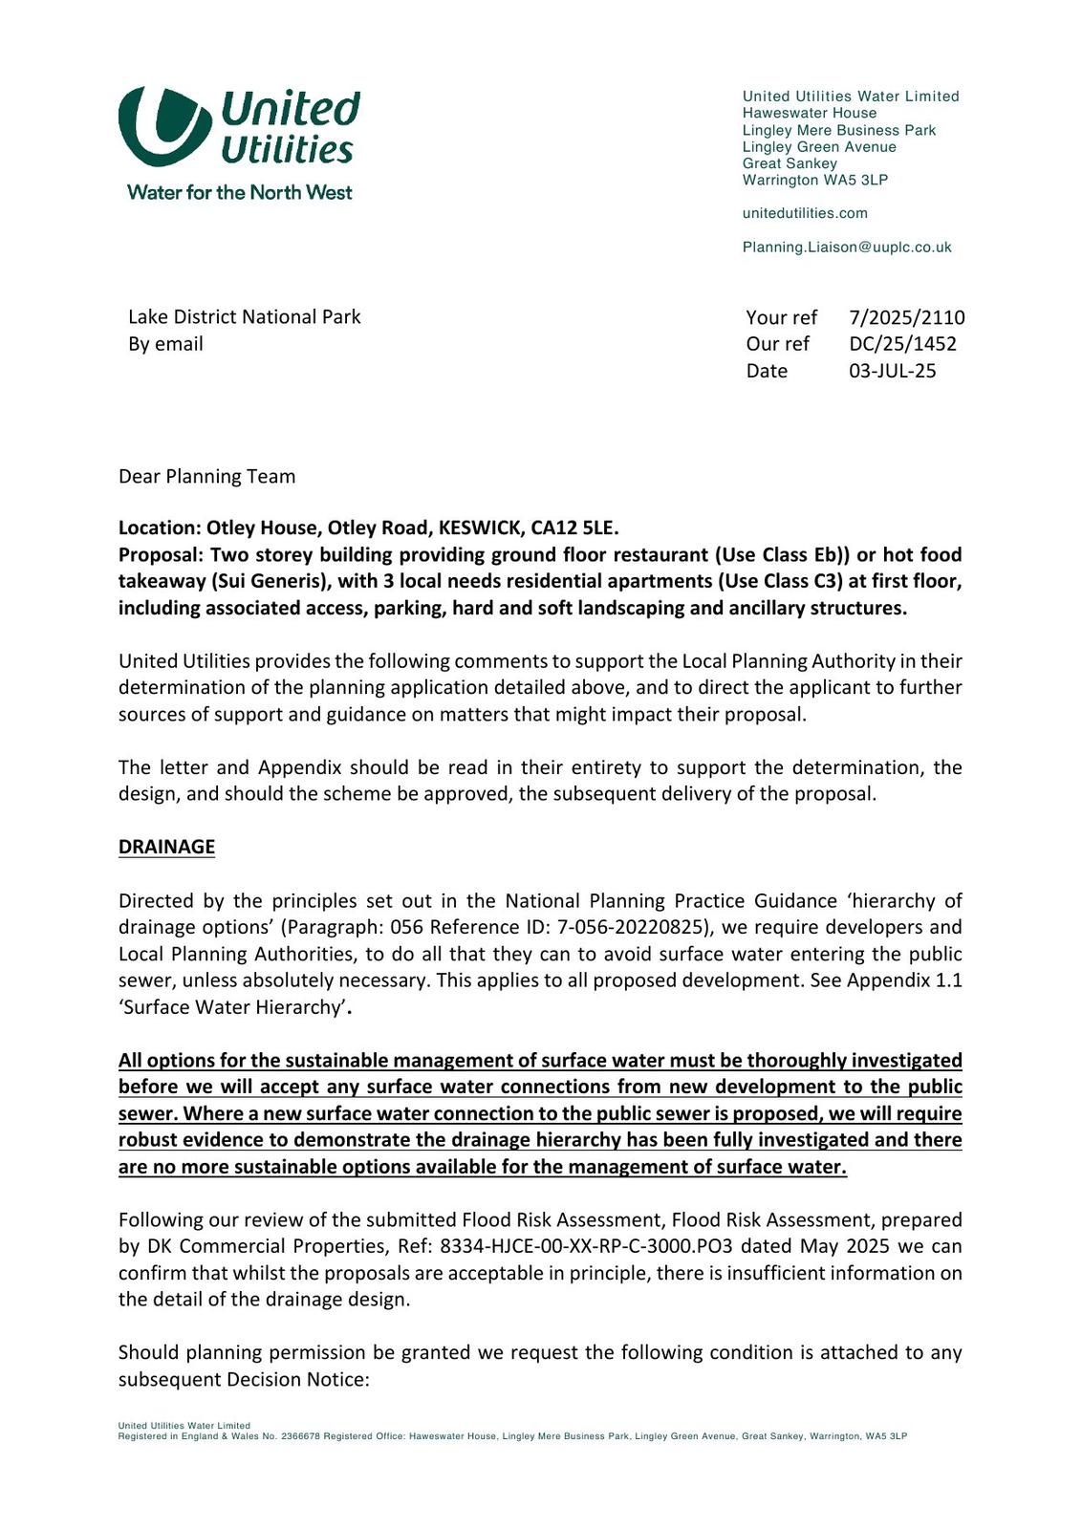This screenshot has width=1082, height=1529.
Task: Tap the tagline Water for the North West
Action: click(239, 192)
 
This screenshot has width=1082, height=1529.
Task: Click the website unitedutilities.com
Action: click(805, 213)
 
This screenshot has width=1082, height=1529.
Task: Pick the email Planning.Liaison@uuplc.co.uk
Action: click(847, 247)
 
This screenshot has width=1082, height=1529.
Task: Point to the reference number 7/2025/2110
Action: click(906, 317)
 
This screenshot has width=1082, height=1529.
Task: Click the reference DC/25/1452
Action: click(902, 344)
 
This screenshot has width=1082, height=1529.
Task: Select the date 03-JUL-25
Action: click(892, 371)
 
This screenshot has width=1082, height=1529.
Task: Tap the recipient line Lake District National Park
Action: click(244, 317)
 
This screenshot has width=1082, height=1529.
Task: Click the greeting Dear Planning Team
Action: click(206, 476)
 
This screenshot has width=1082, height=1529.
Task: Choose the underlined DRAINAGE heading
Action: click(166, 847)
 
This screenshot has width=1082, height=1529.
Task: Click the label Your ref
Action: click(781, 317)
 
